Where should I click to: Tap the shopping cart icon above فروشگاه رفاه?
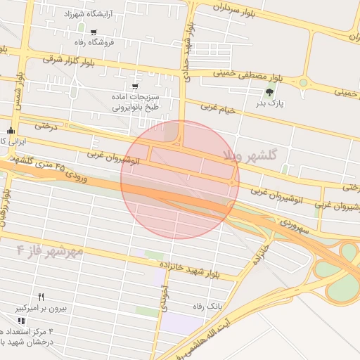point(94,32)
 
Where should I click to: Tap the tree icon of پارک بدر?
point(271,92)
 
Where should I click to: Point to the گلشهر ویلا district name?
point(250,153)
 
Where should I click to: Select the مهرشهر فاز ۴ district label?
point(50,250)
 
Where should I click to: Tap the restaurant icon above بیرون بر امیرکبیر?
point(41,297)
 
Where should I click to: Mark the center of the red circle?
point(180,179)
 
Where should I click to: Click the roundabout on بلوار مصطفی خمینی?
point(303,83)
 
